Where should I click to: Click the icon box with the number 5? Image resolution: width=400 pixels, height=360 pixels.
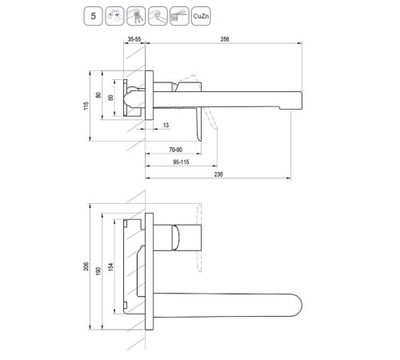[93, 16]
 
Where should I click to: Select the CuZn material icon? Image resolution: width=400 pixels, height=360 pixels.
[201, 16]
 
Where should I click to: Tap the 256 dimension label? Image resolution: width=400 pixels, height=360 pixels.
[225, 39]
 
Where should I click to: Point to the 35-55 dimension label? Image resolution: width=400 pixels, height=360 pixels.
[134, 39]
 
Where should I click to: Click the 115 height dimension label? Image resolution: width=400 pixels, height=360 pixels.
[86, 106]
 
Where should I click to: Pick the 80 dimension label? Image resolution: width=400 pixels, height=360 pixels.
[98, 95]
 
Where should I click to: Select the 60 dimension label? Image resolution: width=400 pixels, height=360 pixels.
[110, 98]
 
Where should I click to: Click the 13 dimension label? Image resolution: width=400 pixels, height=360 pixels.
[166, 125]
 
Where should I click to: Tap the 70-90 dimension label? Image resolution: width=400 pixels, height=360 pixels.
[176, 150]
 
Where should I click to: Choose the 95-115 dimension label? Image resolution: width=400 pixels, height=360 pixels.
[181, 162]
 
